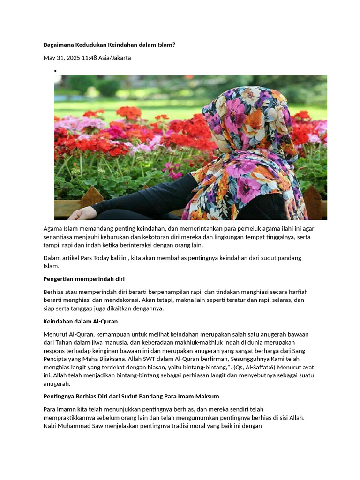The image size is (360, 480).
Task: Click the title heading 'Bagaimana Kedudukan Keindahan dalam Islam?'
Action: point(109,45)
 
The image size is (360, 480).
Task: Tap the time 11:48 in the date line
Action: point(89,58)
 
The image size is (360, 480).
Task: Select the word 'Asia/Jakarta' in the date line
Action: point(114,58)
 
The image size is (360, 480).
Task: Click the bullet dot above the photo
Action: point(55,71)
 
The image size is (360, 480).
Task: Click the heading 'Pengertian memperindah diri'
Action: point(84,279)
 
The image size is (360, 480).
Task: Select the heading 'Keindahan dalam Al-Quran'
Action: point(80,322)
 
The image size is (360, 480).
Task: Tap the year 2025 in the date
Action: point(71,58)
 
